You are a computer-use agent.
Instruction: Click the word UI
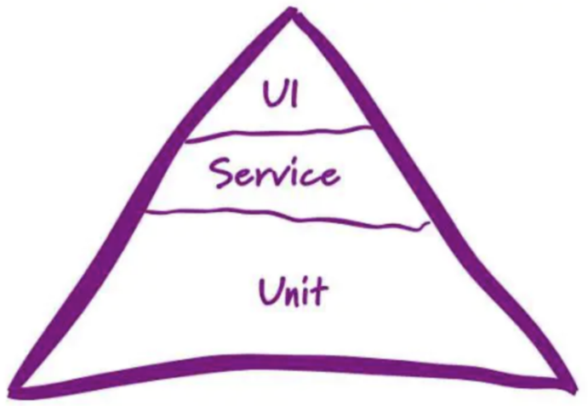click(280, 93)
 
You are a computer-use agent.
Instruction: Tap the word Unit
click(292, 291)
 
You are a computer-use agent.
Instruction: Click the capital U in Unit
click(270, 292)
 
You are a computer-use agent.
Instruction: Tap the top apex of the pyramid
click(291, 12)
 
